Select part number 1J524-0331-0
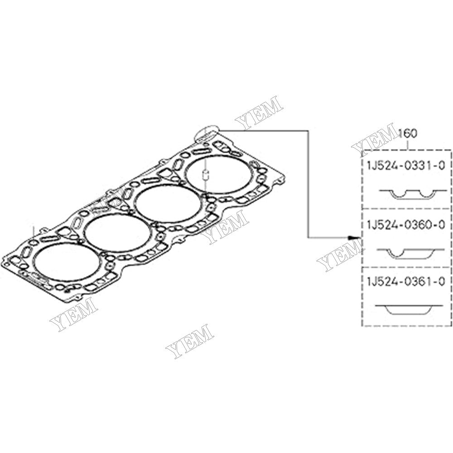(406, 166)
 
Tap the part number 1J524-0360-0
(406, 225)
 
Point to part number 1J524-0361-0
(406, 281)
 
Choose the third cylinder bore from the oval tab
(118, 231)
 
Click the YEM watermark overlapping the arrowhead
(340, 256)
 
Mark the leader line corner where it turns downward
(308, 130)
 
